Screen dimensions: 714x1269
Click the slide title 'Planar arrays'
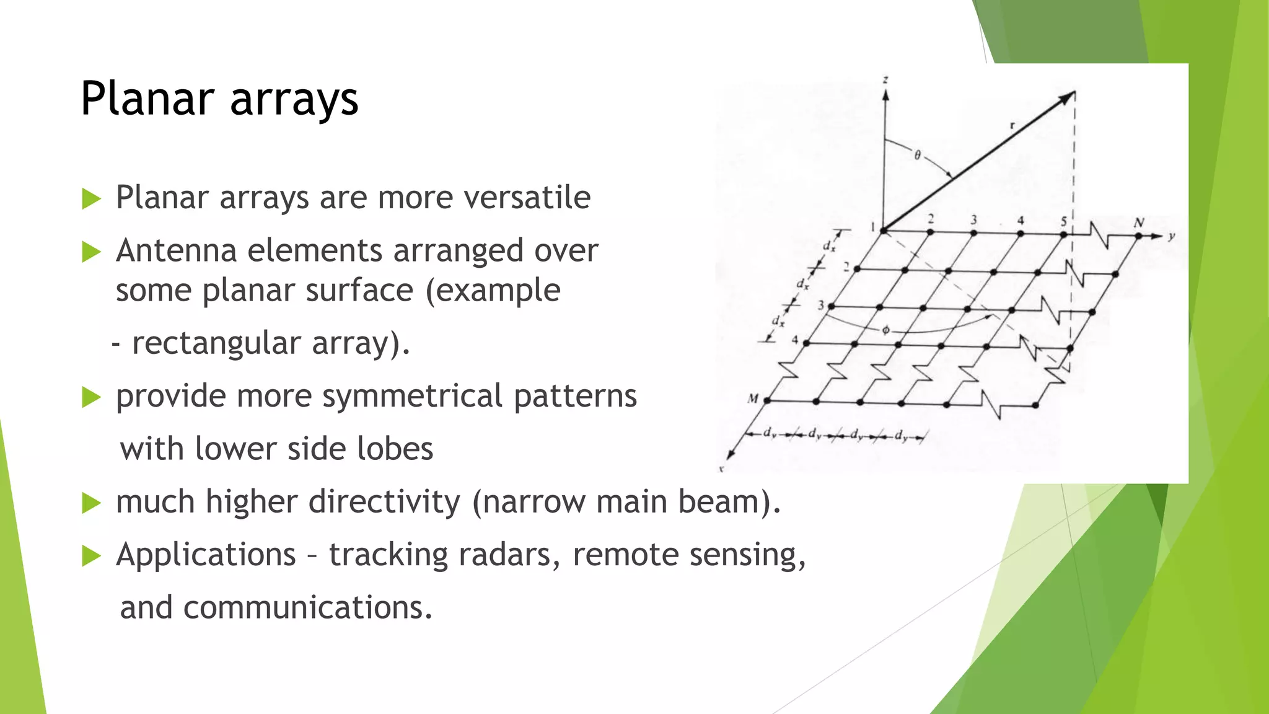(219, 99)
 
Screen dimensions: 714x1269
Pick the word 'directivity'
(384, 501)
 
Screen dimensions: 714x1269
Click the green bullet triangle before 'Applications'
(91, 556)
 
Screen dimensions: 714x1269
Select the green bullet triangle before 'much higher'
(91, 503)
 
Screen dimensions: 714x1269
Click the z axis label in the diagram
(885, 80)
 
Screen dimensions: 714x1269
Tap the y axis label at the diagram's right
(1171, 236)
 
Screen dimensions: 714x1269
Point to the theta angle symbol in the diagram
(918, 155)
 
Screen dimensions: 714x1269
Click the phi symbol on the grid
(885, 330)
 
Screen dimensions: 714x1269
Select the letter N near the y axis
(1138, 222)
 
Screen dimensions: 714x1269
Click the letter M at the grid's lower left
(753, 399)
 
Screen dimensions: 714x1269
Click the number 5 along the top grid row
(1063, 221)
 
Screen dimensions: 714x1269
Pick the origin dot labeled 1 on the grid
(884, 231)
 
